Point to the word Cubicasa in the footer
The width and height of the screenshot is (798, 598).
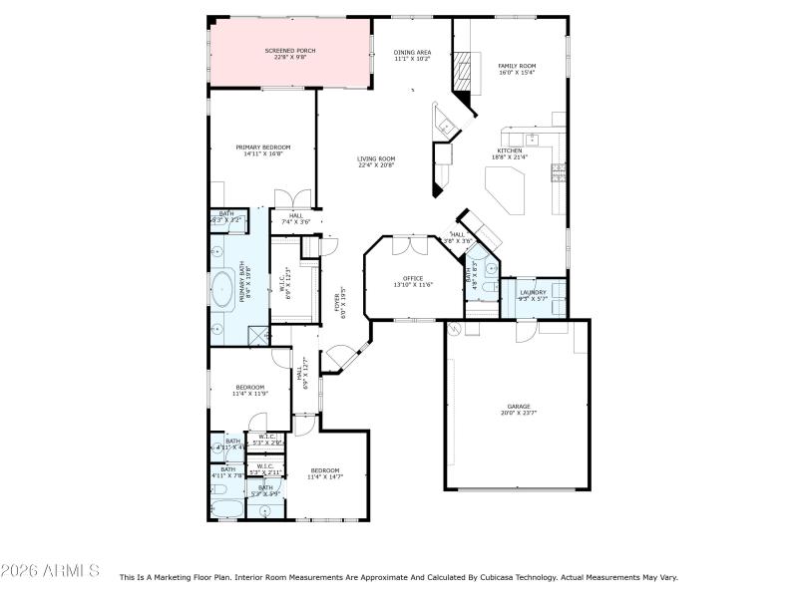coord(466,577)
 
